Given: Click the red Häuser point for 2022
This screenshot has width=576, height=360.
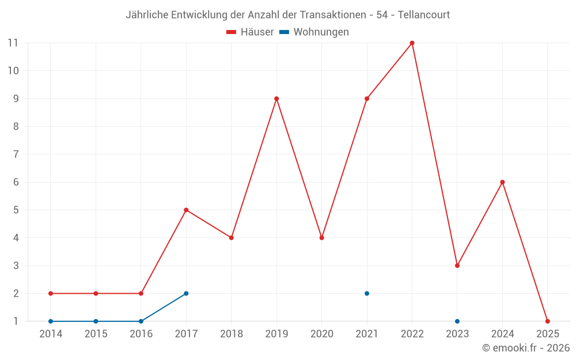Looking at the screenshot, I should pos(412,43).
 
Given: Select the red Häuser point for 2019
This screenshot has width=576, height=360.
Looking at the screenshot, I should pos(276,98).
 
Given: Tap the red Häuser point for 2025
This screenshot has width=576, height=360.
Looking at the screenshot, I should pos(547,321).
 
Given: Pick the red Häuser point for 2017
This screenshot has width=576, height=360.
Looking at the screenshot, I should pos(186,210).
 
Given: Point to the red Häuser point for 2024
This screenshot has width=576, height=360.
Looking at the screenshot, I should pos(502,182).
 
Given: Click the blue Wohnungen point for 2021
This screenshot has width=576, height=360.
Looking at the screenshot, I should pos(367,293).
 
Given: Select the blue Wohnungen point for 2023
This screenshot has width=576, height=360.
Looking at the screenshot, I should pos(457,321).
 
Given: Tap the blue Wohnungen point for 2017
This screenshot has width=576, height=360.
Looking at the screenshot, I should pos(186,293).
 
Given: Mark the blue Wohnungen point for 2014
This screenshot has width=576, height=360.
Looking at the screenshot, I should pos(51,321).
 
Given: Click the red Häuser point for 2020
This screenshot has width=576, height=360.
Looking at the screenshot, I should pos(321,237).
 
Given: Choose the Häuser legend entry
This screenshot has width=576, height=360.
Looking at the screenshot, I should pos(250,32).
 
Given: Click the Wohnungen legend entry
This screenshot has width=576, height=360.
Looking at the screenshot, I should pos(314,32).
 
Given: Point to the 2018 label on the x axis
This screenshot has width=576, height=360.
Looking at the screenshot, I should pos(231,334).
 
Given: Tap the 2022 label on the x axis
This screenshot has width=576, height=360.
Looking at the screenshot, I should pos(412,334).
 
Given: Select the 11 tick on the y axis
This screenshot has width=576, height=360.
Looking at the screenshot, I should pos(13,43).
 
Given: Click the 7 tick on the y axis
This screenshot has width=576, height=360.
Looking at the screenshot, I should pos(16,154).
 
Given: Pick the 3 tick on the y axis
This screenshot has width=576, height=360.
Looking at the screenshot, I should pos(16,266).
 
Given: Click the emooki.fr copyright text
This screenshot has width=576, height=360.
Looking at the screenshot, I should pos(526,348).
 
